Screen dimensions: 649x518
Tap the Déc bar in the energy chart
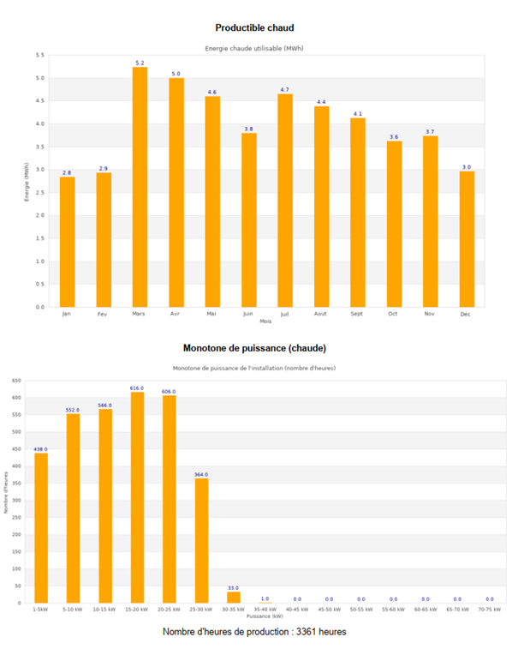pos(467,239)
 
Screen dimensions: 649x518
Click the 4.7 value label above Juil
pos(285,89)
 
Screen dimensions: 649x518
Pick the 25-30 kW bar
pos(201,541)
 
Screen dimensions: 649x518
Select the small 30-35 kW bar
pos(234,597)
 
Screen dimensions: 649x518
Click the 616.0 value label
pos(137,388)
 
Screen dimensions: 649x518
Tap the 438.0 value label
pos(41,449)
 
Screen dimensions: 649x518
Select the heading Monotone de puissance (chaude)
pos(254,348)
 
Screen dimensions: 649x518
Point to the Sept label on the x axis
pos(357,314)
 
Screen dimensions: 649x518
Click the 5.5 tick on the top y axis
pos(39,55)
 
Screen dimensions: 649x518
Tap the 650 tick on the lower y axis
pos(16,381)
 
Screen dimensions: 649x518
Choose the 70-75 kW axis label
pos(489,610)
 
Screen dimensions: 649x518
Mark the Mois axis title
pos(265,321)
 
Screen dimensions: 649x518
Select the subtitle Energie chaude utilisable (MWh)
pos(254,48)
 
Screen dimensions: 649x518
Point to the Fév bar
pos(104,239)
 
